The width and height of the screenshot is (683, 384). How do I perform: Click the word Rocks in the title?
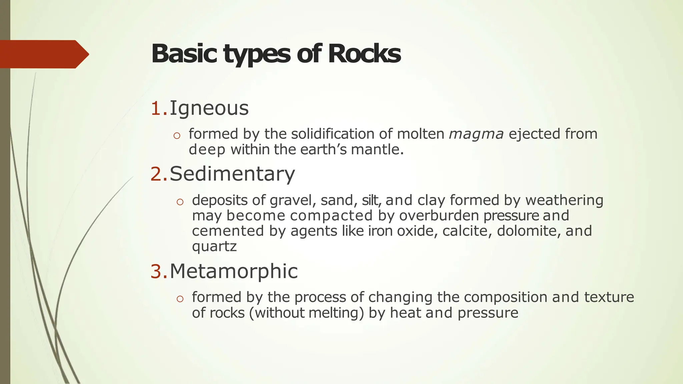(x=364, y=54)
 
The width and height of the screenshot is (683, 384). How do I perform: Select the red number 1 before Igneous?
(x=157, y=108)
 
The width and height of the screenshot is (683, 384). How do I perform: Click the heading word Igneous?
(x=209, y=108)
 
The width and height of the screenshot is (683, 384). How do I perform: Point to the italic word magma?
(x=476, y=134)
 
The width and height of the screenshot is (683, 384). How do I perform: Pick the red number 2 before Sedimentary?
(x=157, y=174)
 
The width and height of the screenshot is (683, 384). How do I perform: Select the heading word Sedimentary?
(x=232, y=174)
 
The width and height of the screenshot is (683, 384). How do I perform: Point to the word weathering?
(x=564, y=200)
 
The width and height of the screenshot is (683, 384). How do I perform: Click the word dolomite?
(x=529, y=231)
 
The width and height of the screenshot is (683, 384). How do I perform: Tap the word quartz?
(x=214, y=247)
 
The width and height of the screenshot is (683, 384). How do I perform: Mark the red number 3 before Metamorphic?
(x=157, y=271)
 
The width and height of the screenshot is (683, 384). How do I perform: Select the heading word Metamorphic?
(x=233, y=271)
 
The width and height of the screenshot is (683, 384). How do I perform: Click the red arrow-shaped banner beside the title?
(x=43, y=54)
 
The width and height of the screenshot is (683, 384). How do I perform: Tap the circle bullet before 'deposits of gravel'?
(x=180, y=202)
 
